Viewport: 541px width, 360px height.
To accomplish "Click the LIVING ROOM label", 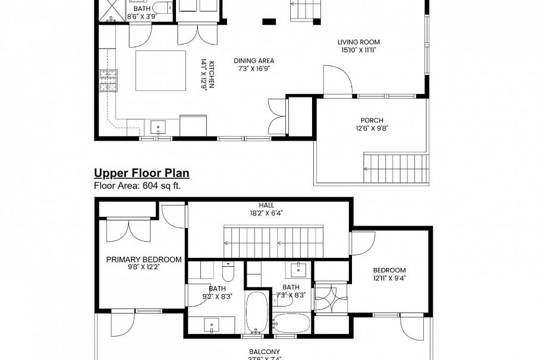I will click(358, 42).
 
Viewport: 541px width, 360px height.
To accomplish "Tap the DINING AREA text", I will click(254, 61).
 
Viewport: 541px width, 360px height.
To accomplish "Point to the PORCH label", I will click(372, 120).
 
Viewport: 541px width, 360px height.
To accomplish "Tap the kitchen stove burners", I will click(108, 81).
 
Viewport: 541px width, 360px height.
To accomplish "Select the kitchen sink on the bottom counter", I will click(158, 127).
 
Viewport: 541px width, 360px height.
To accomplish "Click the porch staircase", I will click(395, 168).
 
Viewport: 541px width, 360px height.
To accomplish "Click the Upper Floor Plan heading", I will click(141, 173).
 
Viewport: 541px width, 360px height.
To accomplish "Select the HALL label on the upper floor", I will click(266, 206).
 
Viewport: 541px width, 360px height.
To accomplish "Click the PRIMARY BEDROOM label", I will click(143, 260).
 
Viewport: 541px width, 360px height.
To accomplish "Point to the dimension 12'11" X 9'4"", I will click(389, 277).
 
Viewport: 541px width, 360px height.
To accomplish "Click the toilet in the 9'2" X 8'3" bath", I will click(229, 272).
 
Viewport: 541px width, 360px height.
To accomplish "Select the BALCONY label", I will click(265, 352).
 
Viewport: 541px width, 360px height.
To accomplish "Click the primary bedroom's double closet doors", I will click(128, 230).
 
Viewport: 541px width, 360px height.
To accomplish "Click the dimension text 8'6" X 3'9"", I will click(141, 17).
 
